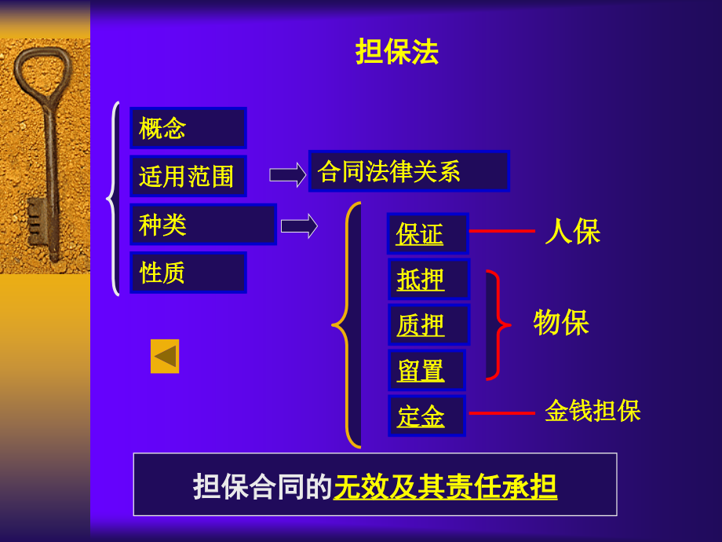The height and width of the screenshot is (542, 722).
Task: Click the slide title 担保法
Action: pos(397,51)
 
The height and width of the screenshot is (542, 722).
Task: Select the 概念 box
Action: pos(188,128)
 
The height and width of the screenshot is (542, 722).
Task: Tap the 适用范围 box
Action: pos(188,176)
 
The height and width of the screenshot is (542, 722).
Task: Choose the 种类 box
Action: pos(203,225)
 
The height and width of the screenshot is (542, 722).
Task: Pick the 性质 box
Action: pos(188,273)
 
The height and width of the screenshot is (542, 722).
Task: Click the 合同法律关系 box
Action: pos(409,171)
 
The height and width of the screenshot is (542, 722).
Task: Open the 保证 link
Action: pos(420,233)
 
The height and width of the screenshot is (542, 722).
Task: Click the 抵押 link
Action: pos(421,280)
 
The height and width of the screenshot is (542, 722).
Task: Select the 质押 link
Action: pos(421,325)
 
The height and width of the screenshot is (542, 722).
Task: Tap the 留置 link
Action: pos(421,371)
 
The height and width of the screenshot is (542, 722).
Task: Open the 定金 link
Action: pos(421,416)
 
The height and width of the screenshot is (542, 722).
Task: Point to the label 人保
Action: pos(572,231)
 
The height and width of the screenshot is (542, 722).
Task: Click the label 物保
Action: pos(561,322)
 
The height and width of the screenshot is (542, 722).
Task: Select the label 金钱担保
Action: pos(593,410)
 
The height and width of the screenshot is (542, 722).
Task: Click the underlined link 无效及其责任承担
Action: pos(445,487)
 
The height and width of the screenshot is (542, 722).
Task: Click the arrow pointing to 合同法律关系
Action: pos(288,174)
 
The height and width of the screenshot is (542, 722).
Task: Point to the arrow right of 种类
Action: pos(299,226)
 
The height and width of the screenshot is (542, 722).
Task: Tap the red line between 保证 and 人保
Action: pos(502,231)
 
